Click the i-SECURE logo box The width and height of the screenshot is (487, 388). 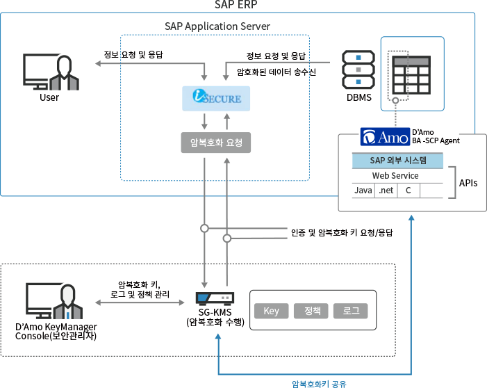[215, 98]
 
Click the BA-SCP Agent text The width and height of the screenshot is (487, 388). [436, 140]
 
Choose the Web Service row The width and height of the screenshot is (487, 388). [397, 176]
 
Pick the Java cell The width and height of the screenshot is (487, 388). [363, 190]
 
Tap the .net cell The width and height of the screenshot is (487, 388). [385, 190]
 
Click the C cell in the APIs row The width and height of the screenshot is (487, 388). [408, 190]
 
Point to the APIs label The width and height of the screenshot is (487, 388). [469, 183]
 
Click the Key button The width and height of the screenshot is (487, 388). [271, 311]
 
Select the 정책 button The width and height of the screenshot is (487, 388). [312, 311]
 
